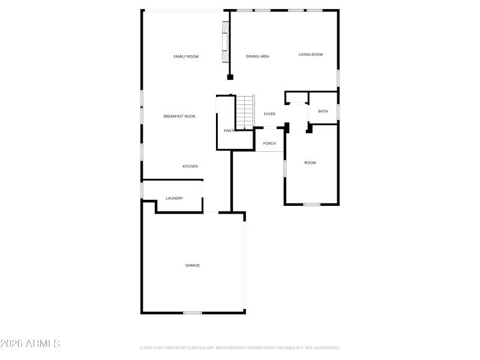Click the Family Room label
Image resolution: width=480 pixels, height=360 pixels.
(186, 56)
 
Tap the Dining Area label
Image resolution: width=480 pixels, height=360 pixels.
(257, 56)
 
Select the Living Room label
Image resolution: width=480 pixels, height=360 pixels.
(311, 55)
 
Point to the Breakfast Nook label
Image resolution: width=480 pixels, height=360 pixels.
(179, 116)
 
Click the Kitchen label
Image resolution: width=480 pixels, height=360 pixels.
(190, 166)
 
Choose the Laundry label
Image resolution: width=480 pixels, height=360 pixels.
(175, 198)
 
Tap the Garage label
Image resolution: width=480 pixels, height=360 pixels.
(192, 265)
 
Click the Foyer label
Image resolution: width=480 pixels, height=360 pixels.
(269, 114)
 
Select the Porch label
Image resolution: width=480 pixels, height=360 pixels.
(269, 143)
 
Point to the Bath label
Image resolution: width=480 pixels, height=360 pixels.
(323, 111)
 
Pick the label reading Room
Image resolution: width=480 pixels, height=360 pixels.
(310, 163)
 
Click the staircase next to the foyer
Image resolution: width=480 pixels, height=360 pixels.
(244, 112)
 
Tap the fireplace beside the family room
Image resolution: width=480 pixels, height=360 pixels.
(226, 42)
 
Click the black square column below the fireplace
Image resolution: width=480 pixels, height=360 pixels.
(230, 77)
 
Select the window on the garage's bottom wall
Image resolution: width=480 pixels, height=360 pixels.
(192, 313)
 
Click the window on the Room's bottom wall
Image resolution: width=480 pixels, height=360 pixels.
(311, 205)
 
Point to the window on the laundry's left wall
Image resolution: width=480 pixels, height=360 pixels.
(142, 190)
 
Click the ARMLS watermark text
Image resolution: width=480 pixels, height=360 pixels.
(30, 344)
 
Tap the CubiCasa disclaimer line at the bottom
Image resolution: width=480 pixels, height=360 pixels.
(240, 347)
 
